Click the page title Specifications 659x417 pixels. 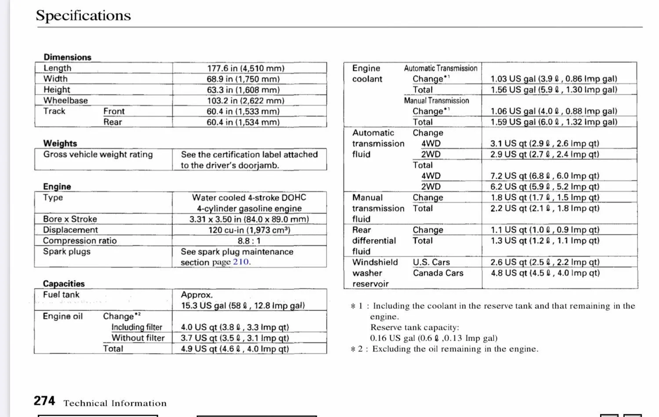pos(83,15)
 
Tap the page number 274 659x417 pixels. pos(44,401)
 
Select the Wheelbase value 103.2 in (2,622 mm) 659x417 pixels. pos(246,101)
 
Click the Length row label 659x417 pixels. pos(57,68)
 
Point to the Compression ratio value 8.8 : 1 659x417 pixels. pos(249,241)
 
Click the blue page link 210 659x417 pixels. pos(241,262)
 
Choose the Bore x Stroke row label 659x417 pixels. pos(70,219)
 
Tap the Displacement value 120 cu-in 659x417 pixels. pos(249,230)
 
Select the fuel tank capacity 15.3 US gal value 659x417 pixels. pos(243,305)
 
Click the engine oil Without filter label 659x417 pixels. pos(138,338)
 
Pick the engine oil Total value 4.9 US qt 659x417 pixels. pos(235,349)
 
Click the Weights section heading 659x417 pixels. pos(60,143)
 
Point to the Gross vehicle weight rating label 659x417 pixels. pos(98,155)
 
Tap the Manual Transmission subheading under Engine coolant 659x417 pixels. pos(436,101)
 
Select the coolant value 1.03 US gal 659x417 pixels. pos(554,79)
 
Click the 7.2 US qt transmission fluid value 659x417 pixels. pos(545,176)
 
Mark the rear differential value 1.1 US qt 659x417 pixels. pos(545,230)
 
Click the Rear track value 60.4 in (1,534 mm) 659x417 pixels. pos(243,122)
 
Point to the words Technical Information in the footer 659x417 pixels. pos(115,403)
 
